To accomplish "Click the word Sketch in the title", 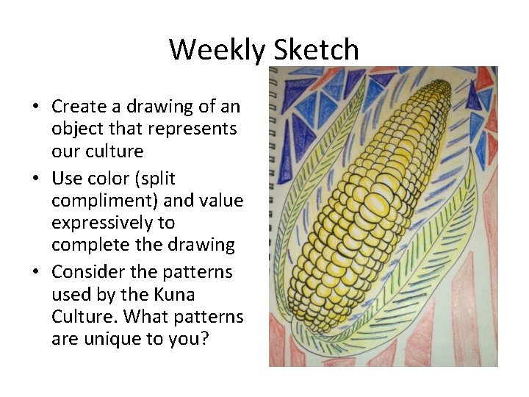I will coord(316,50).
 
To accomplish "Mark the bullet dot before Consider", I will coord(35,273).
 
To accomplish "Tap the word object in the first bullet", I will coord(75,129).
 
